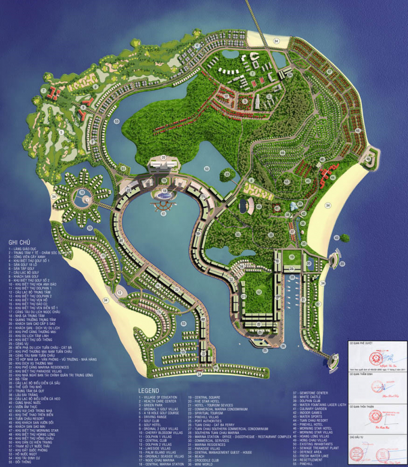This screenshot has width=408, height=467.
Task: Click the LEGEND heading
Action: pos(153,389)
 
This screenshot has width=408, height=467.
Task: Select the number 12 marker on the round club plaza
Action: pos(120,293)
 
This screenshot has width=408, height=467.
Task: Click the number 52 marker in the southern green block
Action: pos(259,292)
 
